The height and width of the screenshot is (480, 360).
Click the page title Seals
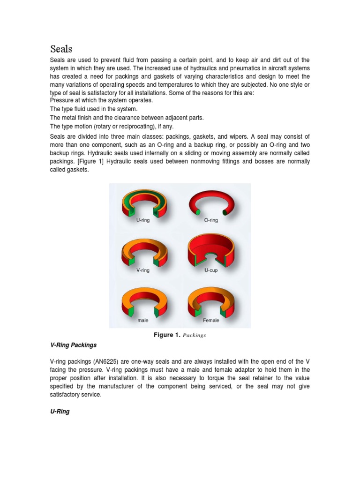click(61, 49)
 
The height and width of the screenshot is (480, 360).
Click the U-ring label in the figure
click(143, 220)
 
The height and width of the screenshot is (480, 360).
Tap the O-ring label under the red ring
click(211, 220)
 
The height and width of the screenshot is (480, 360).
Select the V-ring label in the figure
click(143, 270)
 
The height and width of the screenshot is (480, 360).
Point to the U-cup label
click(211, 270)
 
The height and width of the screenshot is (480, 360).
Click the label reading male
click(143, 321)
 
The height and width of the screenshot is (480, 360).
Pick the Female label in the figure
click(211, 321)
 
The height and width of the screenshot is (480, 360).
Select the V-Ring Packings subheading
click(73, 345)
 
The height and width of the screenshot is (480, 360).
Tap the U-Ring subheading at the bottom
click(60, 412)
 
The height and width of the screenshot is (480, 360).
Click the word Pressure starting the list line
click(63, 100)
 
